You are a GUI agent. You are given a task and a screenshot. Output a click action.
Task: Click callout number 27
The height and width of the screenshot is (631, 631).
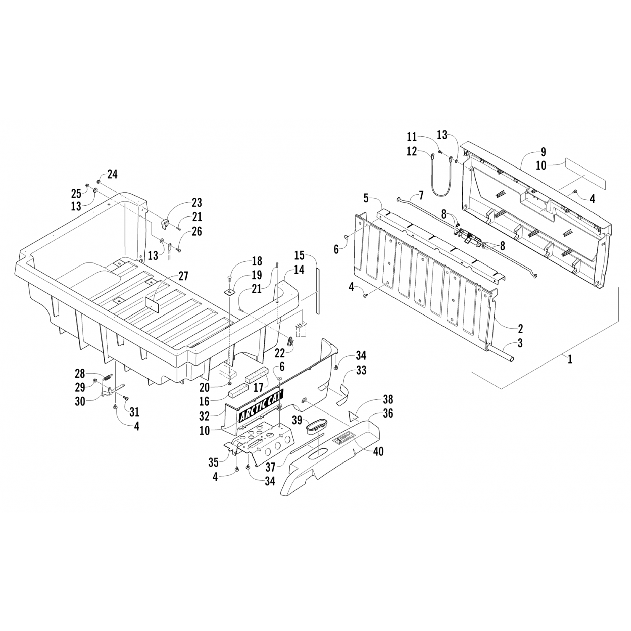183,276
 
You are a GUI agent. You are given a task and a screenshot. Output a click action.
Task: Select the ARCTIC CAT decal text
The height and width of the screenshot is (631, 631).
261,406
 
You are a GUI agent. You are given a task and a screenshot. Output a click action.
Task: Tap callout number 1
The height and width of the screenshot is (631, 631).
570,360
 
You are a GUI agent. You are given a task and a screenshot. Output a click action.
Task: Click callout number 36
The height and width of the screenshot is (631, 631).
388,414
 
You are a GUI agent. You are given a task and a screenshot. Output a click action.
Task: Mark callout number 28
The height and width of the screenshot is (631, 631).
80,374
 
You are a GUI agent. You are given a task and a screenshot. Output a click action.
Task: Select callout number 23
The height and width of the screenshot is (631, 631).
196,203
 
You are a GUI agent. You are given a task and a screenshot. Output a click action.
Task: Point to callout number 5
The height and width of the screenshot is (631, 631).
366,198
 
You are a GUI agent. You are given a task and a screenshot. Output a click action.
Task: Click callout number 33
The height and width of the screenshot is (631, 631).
361,370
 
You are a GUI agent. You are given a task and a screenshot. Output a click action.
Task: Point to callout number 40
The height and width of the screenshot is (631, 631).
378,451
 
